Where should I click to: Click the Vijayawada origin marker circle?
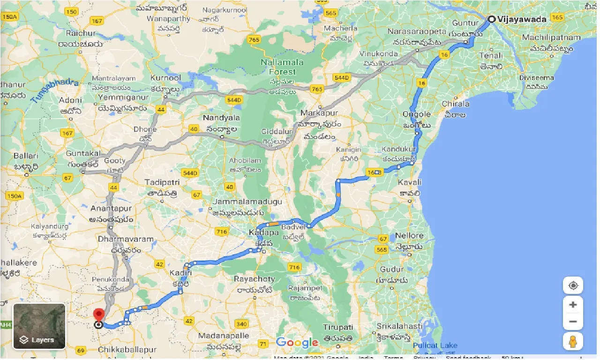(491, 19)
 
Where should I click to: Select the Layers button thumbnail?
(39, 326)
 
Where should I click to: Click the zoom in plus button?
(572, 305)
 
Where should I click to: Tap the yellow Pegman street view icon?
(572, 342)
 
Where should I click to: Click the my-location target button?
(572, 285)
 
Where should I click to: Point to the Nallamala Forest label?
(282, 67)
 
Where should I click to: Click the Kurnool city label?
(165, 77)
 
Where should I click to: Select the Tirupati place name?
(337, 327)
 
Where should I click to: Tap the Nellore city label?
(409, 235)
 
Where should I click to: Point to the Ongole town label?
(417, 114)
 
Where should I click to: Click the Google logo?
(297, 343)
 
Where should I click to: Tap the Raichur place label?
(81, 34)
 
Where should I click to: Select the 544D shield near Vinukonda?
(342, 77)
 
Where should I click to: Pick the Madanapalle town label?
(222, 336)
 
